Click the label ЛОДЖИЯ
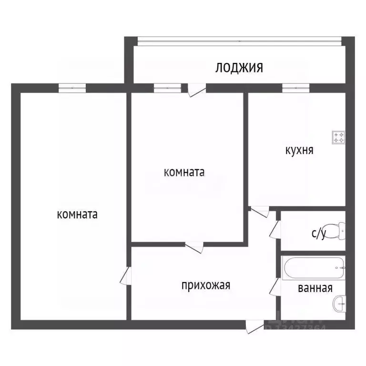point(239,68)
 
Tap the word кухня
point(299,150)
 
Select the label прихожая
point(205,285)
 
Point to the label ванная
point(315,288)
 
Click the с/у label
point(319,233)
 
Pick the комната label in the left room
point(77,214)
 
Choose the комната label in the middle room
point(184,172)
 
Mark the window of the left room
point(72,88)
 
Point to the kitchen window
point(295,88)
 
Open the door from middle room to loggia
point(195,91)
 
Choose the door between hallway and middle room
point(194,246)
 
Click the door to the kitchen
point(260,210)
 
